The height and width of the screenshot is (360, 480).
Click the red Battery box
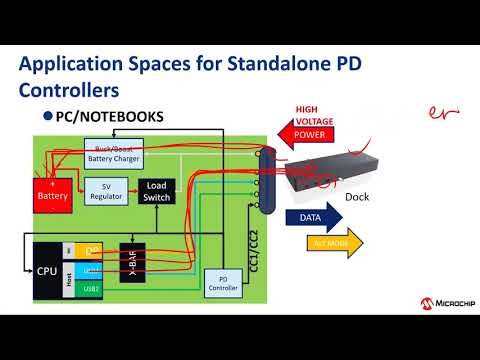click(x=52, y=193)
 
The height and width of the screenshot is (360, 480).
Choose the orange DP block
click(x=91, y=251)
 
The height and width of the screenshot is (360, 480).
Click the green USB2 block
click(x=91, y=288)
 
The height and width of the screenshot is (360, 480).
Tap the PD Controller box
click(x=222, y=284)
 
